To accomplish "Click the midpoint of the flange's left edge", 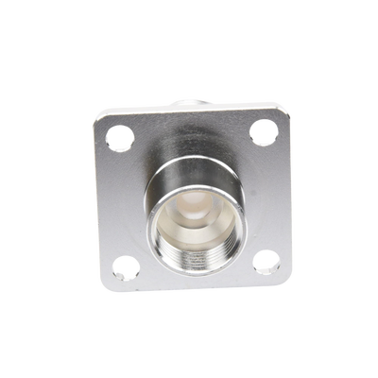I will [100, 204].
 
